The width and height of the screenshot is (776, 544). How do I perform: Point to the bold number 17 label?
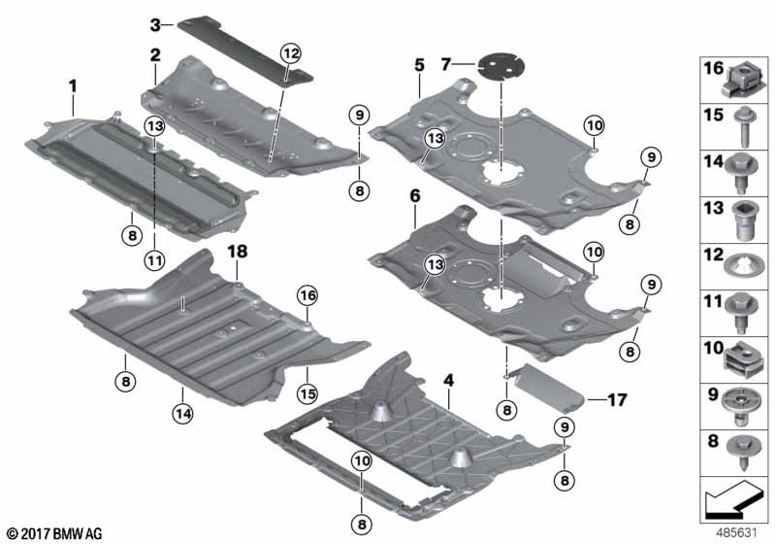click(618, 398)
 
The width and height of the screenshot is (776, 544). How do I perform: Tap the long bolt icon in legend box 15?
click(738, 123)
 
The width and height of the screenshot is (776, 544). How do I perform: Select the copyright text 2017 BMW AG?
click(53, 533)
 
